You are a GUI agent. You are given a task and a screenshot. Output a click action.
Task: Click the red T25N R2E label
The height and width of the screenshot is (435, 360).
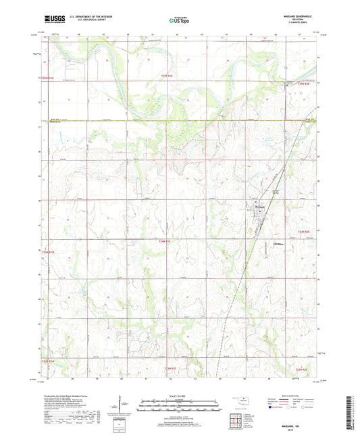307,84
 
